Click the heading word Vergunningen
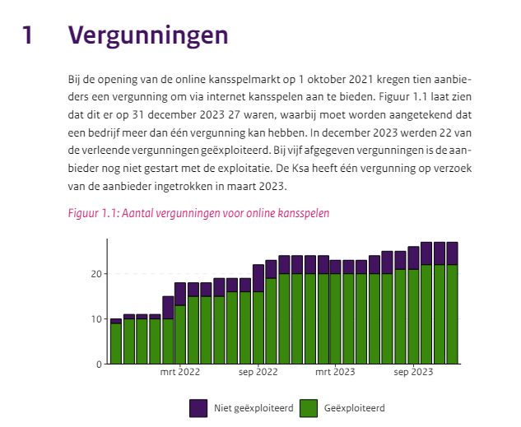click(x=148, y=36)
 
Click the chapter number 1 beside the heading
click(x=27, y=35)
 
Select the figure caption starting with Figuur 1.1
click(x=198, y=213)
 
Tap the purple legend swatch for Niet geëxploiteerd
click(x=198, y=408)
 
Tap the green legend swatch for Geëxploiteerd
click(x=309, y=408)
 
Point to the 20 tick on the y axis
click(x=96, y=274)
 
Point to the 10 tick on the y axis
click(x=96, y=319)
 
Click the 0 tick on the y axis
click(x=100, y=364)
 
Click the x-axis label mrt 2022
click(x=180, y=372)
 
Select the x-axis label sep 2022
click(x=258, y=372)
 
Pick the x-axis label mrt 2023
click(x=335, y=372)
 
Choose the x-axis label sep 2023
click(x=413, y=372)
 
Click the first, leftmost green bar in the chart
click(x=116, y=344)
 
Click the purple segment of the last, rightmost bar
click(x=452, y=253)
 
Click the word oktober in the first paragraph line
click(x=327, y=79)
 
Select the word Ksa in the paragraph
click(x=300, y=169)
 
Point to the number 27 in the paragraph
click(x=235, y=115)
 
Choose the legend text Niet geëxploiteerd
click(x=254, y=408)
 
